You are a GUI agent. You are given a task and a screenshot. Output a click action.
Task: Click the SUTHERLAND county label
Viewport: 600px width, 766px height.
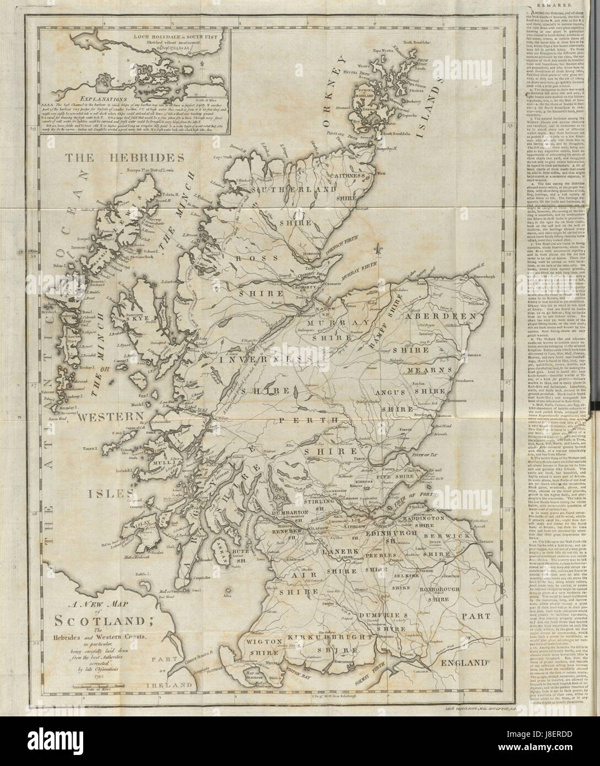(x=289, y=189)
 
